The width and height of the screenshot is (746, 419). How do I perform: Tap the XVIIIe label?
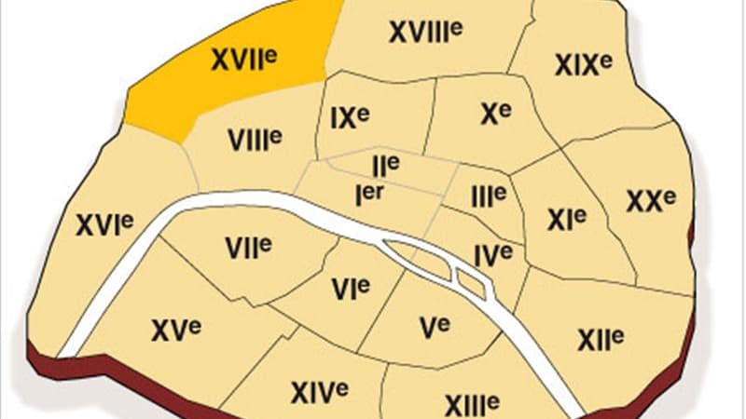(x=426, y=33)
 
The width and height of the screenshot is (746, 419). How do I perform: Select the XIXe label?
(x=582, y=64)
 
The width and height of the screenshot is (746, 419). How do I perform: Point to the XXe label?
(x=650, y=201)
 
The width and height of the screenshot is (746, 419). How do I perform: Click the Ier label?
(x=371, y=193)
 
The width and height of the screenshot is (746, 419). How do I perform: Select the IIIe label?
(x=488, y=196)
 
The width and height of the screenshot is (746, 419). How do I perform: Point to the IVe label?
(x=492, y=252)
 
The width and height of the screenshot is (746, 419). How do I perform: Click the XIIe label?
(x=600, y=339)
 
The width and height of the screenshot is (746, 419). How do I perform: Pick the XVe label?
(x=175, y=329)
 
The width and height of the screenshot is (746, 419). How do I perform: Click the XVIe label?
(x=104, y=224)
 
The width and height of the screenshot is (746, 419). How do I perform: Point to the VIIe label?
(x=247, y=247)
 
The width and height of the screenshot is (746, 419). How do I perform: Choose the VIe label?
(x=351, y=289)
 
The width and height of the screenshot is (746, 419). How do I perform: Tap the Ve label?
(x=434, y=327)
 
